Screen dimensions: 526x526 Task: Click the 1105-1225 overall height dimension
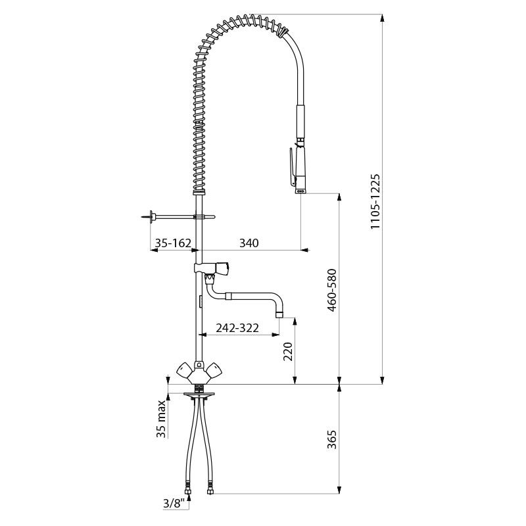point(375,201)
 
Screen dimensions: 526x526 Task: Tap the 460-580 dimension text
point(332,290)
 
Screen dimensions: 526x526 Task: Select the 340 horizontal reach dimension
point(249,243)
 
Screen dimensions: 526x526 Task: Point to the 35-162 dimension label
point(173,243)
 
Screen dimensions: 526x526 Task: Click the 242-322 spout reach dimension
point(237,327)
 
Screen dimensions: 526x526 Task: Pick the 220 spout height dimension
point(288,351)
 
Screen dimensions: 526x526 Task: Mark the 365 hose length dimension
point(332,439)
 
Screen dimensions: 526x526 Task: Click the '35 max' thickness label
point(161,419)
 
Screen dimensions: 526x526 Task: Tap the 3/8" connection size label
point(174,503)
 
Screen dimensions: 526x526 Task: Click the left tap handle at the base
point(185,371)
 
